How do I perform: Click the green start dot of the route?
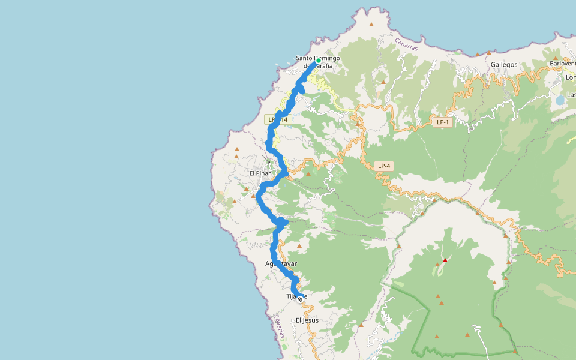pyautogui.click(x=318, y=61)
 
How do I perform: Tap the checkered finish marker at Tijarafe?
pyautogui.click(x=300, y=299)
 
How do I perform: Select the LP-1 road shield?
pyautogui.click(x=442, y=122)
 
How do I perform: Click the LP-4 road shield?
pyautogui.click(x=383, y=166)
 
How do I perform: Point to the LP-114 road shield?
pyautogui.click(x=277, y=119)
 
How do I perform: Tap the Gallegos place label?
pyautogui.click(x=503, y=64)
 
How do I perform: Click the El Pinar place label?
pyautogui.click(x=260, y=173)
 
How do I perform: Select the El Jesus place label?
pyautogui.click(x=307, y=320)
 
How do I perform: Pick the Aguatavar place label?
pyautogui.click(x=281, y=263)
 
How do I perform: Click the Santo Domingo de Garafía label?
pyautogui.click(x=317, y=62)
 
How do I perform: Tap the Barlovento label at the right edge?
pyautogui.click(x=563, y=63)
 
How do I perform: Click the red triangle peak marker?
pyautogui.click(x=445, y=260)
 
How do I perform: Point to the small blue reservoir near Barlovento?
pyautogui.click(x=559, y=100)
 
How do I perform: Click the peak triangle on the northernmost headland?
pyautogui.click(x=371, y=25)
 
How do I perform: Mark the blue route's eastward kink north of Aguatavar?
pyautogui.click(x=284, y=223)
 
